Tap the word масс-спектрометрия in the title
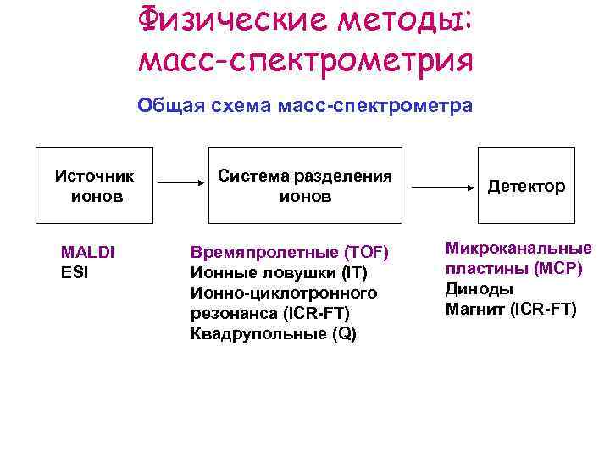[304, 60]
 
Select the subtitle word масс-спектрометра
[404, 107]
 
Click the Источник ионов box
[94, 185]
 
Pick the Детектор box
[526, 185]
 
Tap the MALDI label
[88, 252]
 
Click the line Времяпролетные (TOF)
[289, 252]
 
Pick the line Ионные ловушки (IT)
[279, 272]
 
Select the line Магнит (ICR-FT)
[510, 309]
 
